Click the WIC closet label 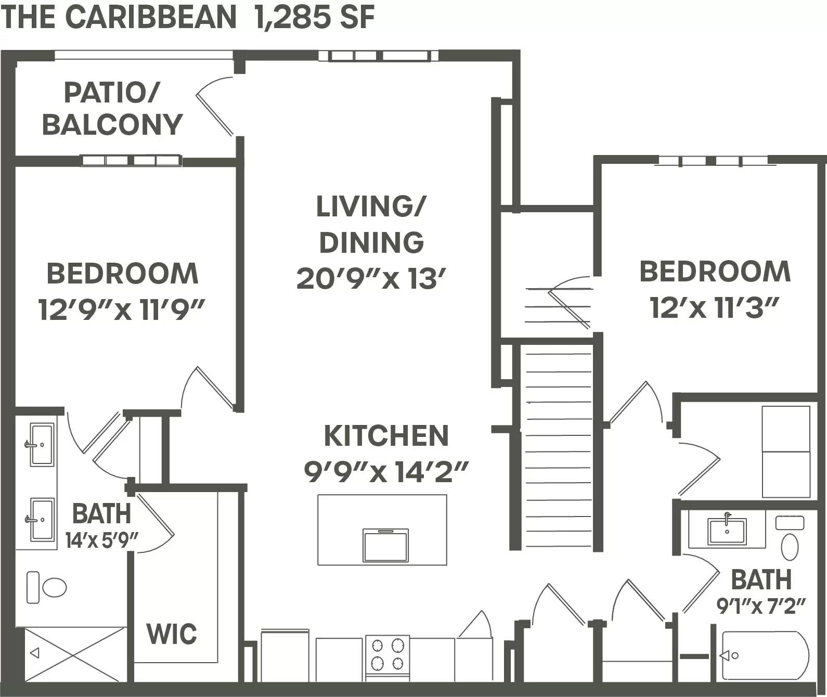[172, 634]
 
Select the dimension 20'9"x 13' [371, 279]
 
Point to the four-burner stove [387, 654]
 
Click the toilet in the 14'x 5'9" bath [47, 588]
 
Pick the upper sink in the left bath [42, 445]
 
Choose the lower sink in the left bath [42, 519]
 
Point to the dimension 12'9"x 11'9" [121, 311]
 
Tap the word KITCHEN [386, 436]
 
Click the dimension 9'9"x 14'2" [386, 472]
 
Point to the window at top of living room [379, 56]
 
